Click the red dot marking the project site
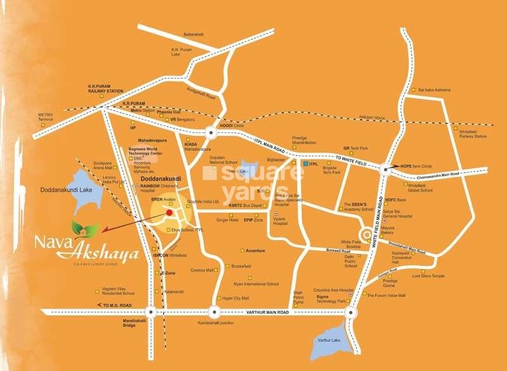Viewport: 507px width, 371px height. coord(169,213)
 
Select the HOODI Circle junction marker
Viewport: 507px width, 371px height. coord(210,132)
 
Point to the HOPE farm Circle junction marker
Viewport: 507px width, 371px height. coord(385,168)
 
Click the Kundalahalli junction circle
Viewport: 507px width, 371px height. coord(213,311)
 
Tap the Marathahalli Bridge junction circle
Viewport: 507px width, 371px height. coord(150,311)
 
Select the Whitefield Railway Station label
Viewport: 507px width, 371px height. coord(473,134)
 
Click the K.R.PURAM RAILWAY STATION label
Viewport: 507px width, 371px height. coord(105,88)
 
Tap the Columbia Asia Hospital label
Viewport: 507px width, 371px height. coord(332,290)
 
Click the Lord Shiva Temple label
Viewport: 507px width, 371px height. coord(429,276)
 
